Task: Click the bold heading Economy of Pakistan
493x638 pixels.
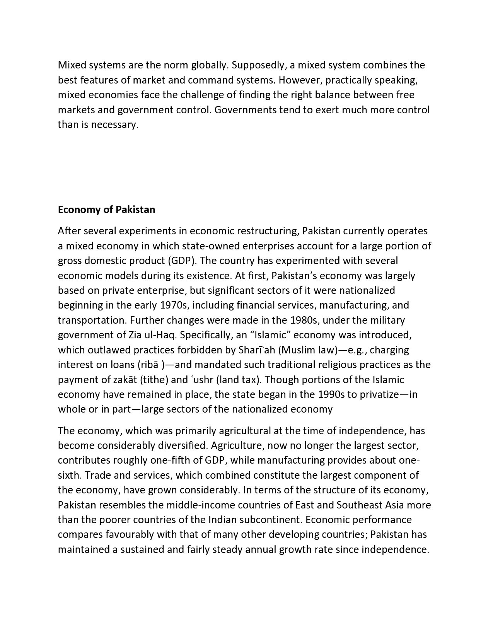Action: (106, 210)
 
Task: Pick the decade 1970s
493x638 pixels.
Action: (173, 305)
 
